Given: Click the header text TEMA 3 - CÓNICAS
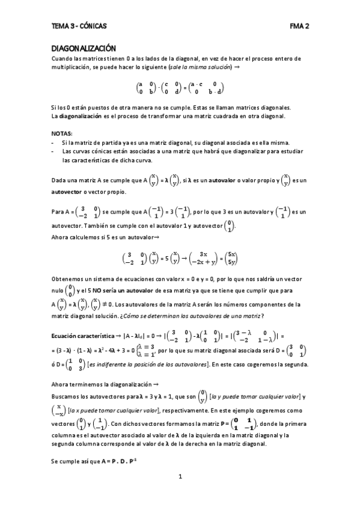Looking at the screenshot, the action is pos(79,26).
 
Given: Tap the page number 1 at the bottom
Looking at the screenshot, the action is pos(180,476).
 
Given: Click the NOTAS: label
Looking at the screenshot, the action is pos(62,132).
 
